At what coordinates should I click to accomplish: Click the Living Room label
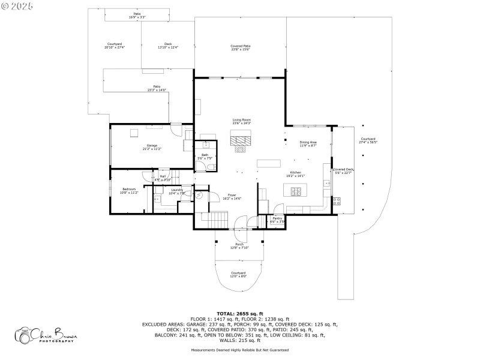tap(242, 120)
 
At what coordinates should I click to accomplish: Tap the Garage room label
tap(152, 146)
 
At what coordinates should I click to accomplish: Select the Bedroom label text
tap(129, 189)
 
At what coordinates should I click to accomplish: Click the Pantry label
tap(277, 218)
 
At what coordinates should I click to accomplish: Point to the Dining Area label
tap(308, 142)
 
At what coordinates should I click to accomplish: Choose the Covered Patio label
tap(240, 46)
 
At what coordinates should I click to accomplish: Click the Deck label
tap(168, 44)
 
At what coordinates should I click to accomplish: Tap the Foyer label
tap(232, 195)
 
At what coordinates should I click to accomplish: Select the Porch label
tap(239, 245)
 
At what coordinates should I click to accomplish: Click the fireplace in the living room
tap(242, 140)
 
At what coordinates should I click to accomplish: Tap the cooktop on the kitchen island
tap(296, 191)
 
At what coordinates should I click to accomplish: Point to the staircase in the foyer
tap(214, 220)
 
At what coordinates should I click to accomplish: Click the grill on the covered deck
tap(337, 202)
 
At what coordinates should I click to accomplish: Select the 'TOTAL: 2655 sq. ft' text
tap(239, 313)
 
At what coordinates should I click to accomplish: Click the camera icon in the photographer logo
tap(24, 335)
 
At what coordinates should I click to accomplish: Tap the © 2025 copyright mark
tap(17, 5)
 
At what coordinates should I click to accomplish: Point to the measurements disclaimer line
tap(239, 350)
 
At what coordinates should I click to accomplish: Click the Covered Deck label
tap(344, 170)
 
